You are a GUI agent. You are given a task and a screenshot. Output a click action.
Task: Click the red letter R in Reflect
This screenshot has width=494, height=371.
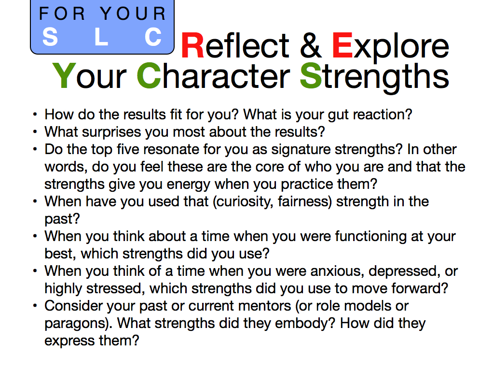[x=193, y=45]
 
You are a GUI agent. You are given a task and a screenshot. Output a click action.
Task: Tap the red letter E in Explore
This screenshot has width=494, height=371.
[x=342, y=45]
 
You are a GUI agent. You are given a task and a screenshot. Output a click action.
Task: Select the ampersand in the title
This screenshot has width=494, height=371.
[x=310, y=45]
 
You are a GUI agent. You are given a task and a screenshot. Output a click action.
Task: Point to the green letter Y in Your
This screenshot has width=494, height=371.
[x=64, y=76]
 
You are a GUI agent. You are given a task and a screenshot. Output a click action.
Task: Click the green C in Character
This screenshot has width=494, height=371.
[x=149, y=76]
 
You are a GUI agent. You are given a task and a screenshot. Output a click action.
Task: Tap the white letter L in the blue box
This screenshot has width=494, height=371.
[x=101, y=37]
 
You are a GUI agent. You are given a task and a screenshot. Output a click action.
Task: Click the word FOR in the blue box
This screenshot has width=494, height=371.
[x=62, y=14]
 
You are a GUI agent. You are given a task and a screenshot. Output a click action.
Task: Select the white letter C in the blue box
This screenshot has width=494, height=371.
[x=153, y=37]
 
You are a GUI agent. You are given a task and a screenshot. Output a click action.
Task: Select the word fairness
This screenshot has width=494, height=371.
[x=303, y=201]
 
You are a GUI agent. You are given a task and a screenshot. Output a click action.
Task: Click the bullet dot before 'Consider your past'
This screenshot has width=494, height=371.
[x=35, y=305]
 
